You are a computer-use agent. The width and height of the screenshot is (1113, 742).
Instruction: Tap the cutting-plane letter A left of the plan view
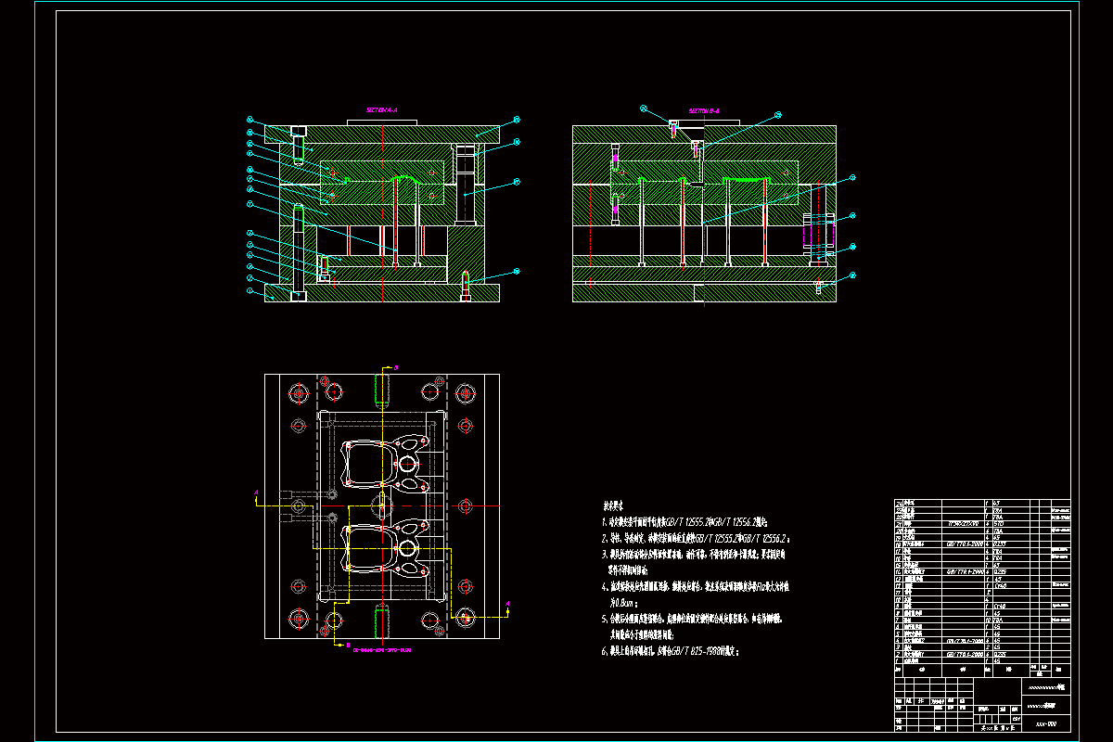click(x=257, y=493)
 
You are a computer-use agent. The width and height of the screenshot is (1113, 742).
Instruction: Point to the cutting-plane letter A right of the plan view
click(x=508, y=604)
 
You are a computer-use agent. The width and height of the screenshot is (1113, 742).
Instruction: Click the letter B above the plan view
click(x=396, y=368)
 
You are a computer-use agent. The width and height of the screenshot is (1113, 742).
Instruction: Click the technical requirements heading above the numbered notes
click(x=613, y=506)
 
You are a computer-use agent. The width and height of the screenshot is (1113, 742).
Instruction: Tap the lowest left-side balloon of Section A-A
click(x=249, y=290)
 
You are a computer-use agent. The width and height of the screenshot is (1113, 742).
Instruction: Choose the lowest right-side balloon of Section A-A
click(x=517, y=271)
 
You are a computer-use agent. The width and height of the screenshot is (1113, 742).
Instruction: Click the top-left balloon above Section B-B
click(x=643, y=109)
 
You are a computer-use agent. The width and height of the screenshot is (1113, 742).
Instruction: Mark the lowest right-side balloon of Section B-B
click(x=852, y=275)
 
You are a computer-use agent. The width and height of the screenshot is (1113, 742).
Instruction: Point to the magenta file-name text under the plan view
click(x=381, y=650)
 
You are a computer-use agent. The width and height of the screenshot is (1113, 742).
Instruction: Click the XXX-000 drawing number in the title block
click(x=1045, y=723)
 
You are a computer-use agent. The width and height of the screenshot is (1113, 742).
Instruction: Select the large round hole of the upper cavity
click(x=407, y=462)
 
